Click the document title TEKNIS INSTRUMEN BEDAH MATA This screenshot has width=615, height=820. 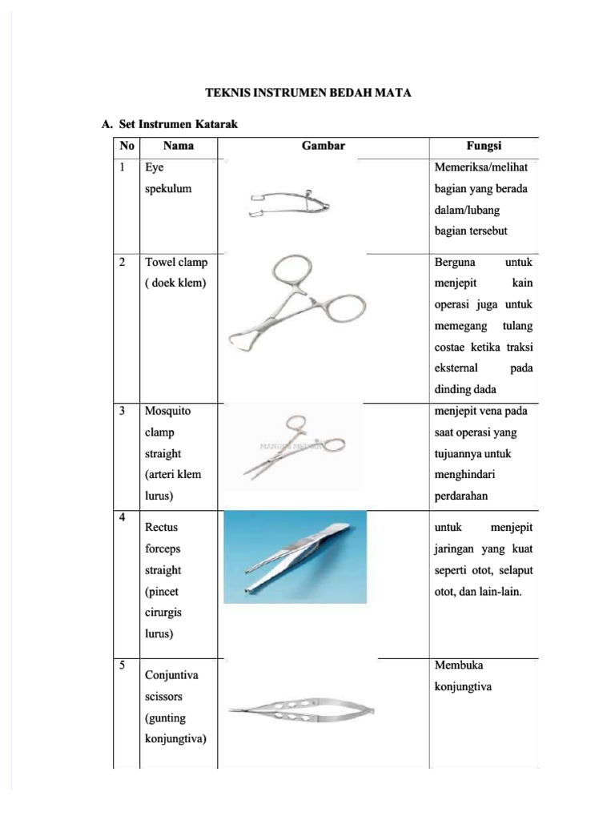click(x=308, y=93)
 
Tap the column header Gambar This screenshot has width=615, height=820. click(x=323, y=146)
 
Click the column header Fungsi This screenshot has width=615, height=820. click(x=484, y=146)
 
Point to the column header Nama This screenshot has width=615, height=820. click(x=178, y=146)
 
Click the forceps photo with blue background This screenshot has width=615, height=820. click(x=296, y=556)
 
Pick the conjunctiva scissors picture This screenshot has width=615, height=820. click(x=302, y=710)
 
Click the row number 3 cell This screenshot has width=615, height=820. click(x=123, y=411)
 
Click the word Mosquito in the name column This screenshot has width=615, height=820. click(x=167, y=411)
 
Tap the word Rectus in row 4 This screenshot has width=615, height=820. click(x=161, y=528)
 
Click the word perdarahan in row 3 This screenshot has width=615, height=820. click(x=461, y=496)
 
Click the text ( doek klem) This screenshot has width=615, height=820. click(x=175, y=283)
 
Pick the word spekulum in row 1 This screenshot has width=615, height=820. click(x=168, y=189)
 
